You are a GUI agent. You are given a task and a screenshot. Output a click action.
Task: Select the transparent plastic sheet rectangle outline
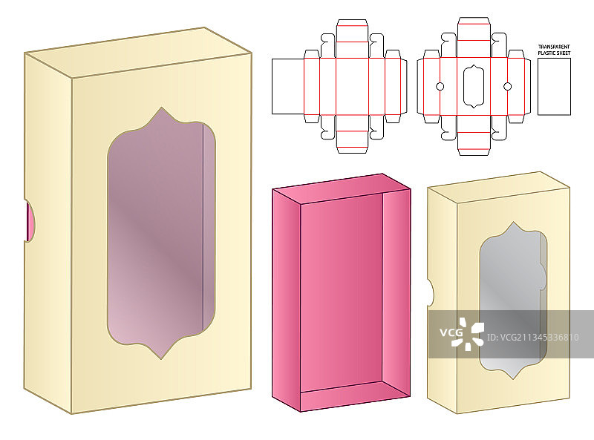(x=553, y=86)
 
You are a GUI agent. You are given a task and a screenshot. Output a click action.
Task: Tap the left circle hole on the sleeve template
(x=439, y=87)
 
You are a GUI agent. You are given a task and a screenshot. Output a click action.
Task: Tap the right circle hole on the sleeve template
(x=508, y=87)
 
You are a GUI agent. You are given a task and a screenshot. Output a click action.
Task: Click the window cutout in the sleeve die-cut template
(x=473, y=86)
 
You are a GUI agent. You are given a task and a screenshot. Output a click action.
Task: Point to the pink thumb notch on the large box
(x=30, y=221)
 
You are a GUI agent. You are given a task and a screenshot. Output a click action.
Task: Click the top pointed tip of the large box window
(x=160, y=109)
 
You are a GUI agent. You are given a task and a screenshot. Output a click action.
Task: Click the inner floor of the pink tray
(x=342, y=289)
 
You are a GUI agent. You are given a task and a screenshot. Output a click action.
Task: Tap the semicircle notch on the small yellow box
(x=431, y=292)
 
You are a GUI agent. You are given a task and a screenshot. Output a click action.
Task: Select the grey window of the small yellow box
(x=512, y=297)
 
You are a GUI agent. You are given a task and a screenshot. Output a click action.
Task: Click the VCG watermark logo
(x=461, y=333)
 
